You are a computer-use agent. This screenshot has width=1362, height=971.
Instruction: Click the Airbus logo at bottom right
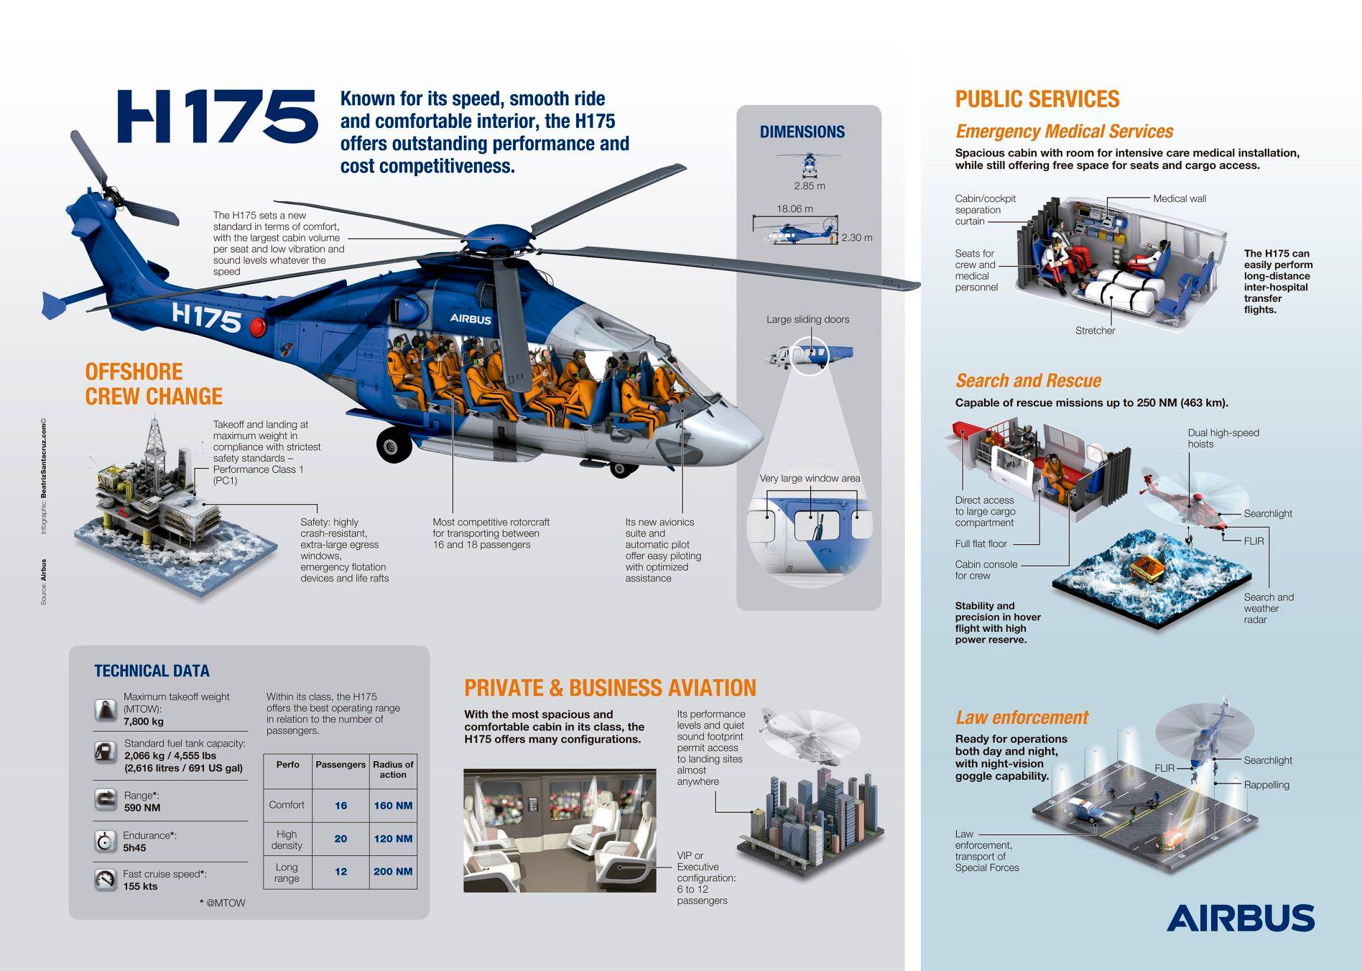click(1240, 918)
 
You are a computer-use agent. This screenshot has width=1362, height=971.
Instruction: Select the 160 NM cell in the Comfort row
click(393, 806)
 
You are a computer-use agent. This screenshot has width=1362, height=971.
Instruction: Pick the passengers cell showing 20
click(340, 839)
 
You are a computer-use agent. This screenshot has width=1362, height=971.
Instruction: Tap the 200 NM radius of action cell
click(393, 872)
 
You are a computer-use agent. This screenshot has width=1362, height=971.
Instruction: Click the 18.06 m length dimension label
click(795, 209)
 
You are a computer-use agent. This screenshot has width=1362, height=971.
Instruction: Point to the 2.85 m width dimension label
click(810, 186)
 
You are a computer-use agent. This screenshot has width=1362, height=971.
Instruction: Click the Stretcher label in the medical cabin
click(1095, 331)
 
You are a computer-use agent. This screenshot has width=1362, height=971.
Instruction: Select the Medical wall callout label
click(1179, 199)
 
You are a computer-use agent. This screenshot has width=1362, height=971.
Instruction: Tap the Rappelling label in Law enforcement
click(1266, 785)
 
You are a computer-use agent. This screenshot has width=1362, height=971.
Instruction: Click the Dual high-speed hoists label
click(1223, 438)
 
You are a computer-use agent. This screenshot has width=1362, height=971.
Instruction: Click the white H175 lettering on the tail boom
click(207, 316)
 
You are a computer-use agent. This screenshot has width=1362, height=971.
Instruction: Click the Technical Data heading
click(152, 671)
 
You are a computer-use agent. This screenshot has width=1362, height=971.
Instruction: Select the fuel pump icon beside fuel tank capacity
click(106, 752)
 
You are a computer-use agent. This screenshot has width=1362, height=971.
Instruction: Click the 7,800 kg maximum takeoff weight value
click(144, 722)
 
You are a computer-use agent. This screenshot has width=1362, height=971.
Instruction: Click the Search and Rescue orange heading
click(1028, 381)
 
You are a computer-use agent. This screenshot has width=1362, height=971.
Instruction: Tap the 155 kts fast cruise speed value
click(140, 886)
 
